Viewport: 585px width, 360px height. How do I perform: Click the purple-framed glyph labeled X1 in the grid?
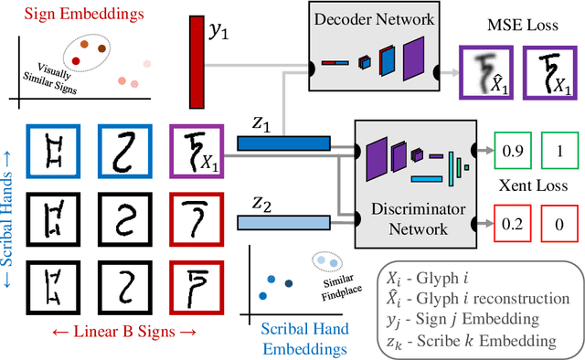tap(196, 152)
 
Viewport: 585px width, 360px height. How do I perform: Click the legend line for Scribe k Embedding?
tap(481, 340)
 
